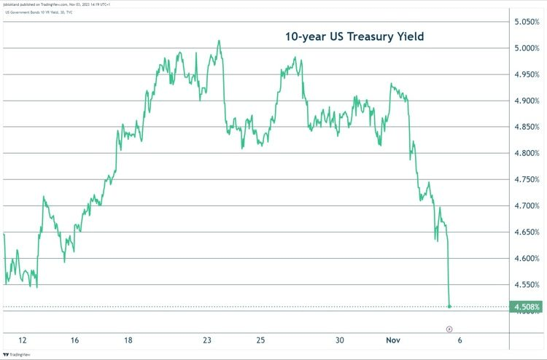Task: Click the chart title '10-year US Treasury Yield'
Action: point(354,36)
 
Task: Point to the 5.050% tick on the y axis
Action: point(525,22)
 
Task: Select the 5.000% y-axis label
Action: point(525,48)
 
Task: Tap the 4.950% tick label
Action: point(525,74)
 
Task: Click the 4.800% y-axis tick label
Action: point(525,153)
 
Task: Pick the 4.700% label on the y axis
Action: point(525,206)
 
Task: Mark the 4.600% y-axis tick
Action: point(525,258)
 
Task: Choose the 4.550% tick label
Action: point(525,284)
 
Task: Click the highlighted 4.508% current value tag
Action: point(526,307)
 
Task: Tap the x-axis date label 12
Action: point(23,340)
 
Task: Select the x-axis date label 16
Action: point(75,340)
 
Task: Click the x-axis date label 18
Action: point(128,340)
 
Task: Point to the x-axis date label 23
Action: point(207,340)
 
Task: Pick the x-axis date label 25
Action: point(260,340)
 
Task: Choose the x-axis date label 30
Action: point(340,340)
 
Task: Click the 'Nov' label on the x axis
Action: point(393,340)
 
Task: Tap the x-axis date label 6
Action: point(459,340)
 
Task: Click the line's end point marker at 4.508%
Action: point(449,307)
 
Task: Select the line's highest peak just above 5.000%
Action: point(219,41)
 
